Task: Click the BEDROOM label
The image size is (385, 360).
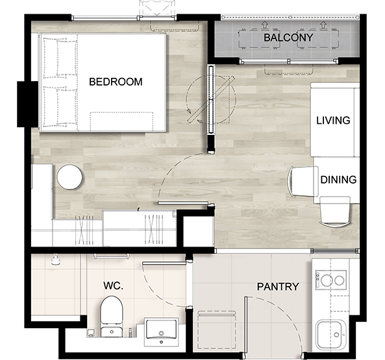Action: pos(116,82)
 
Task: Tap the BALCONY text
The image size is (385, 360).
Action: pos(288,38)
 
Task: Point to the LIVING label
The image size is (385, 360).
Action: pos(333,121)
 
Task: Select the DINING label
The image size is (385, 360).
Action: pos(338,180)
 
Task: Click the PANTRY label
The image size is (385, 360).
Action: pos(278,287)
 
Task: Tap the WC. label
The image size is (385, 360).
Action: pos(113,285)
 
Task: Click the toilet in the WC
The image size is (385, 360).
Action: pos(112,317)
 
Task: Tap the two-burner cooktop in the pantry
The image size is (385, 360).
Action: pos(330,280)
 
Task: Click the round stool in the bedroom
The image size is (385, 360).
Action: pos(69,177)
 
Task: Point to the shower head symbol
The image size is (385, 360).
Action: pos(56,259)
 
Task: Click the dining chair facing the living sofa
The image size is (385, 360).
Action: pos(303,182)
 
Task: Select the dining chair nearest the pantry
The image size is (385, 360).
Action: pos(334,211)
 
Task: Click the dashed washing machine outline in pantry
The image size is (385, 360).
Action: pos(217,330)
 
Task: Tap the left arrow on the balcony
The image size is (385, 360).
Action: pos(264,24)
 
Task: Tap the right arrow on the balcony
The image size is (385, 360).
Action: pos(323,24)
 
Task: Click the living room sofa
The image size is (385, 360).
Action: pos(335,119)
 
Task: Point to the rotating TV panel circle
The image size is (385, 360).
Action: pos(211,99)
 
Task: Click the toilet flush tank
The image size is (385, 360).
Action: pos(112,331)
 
